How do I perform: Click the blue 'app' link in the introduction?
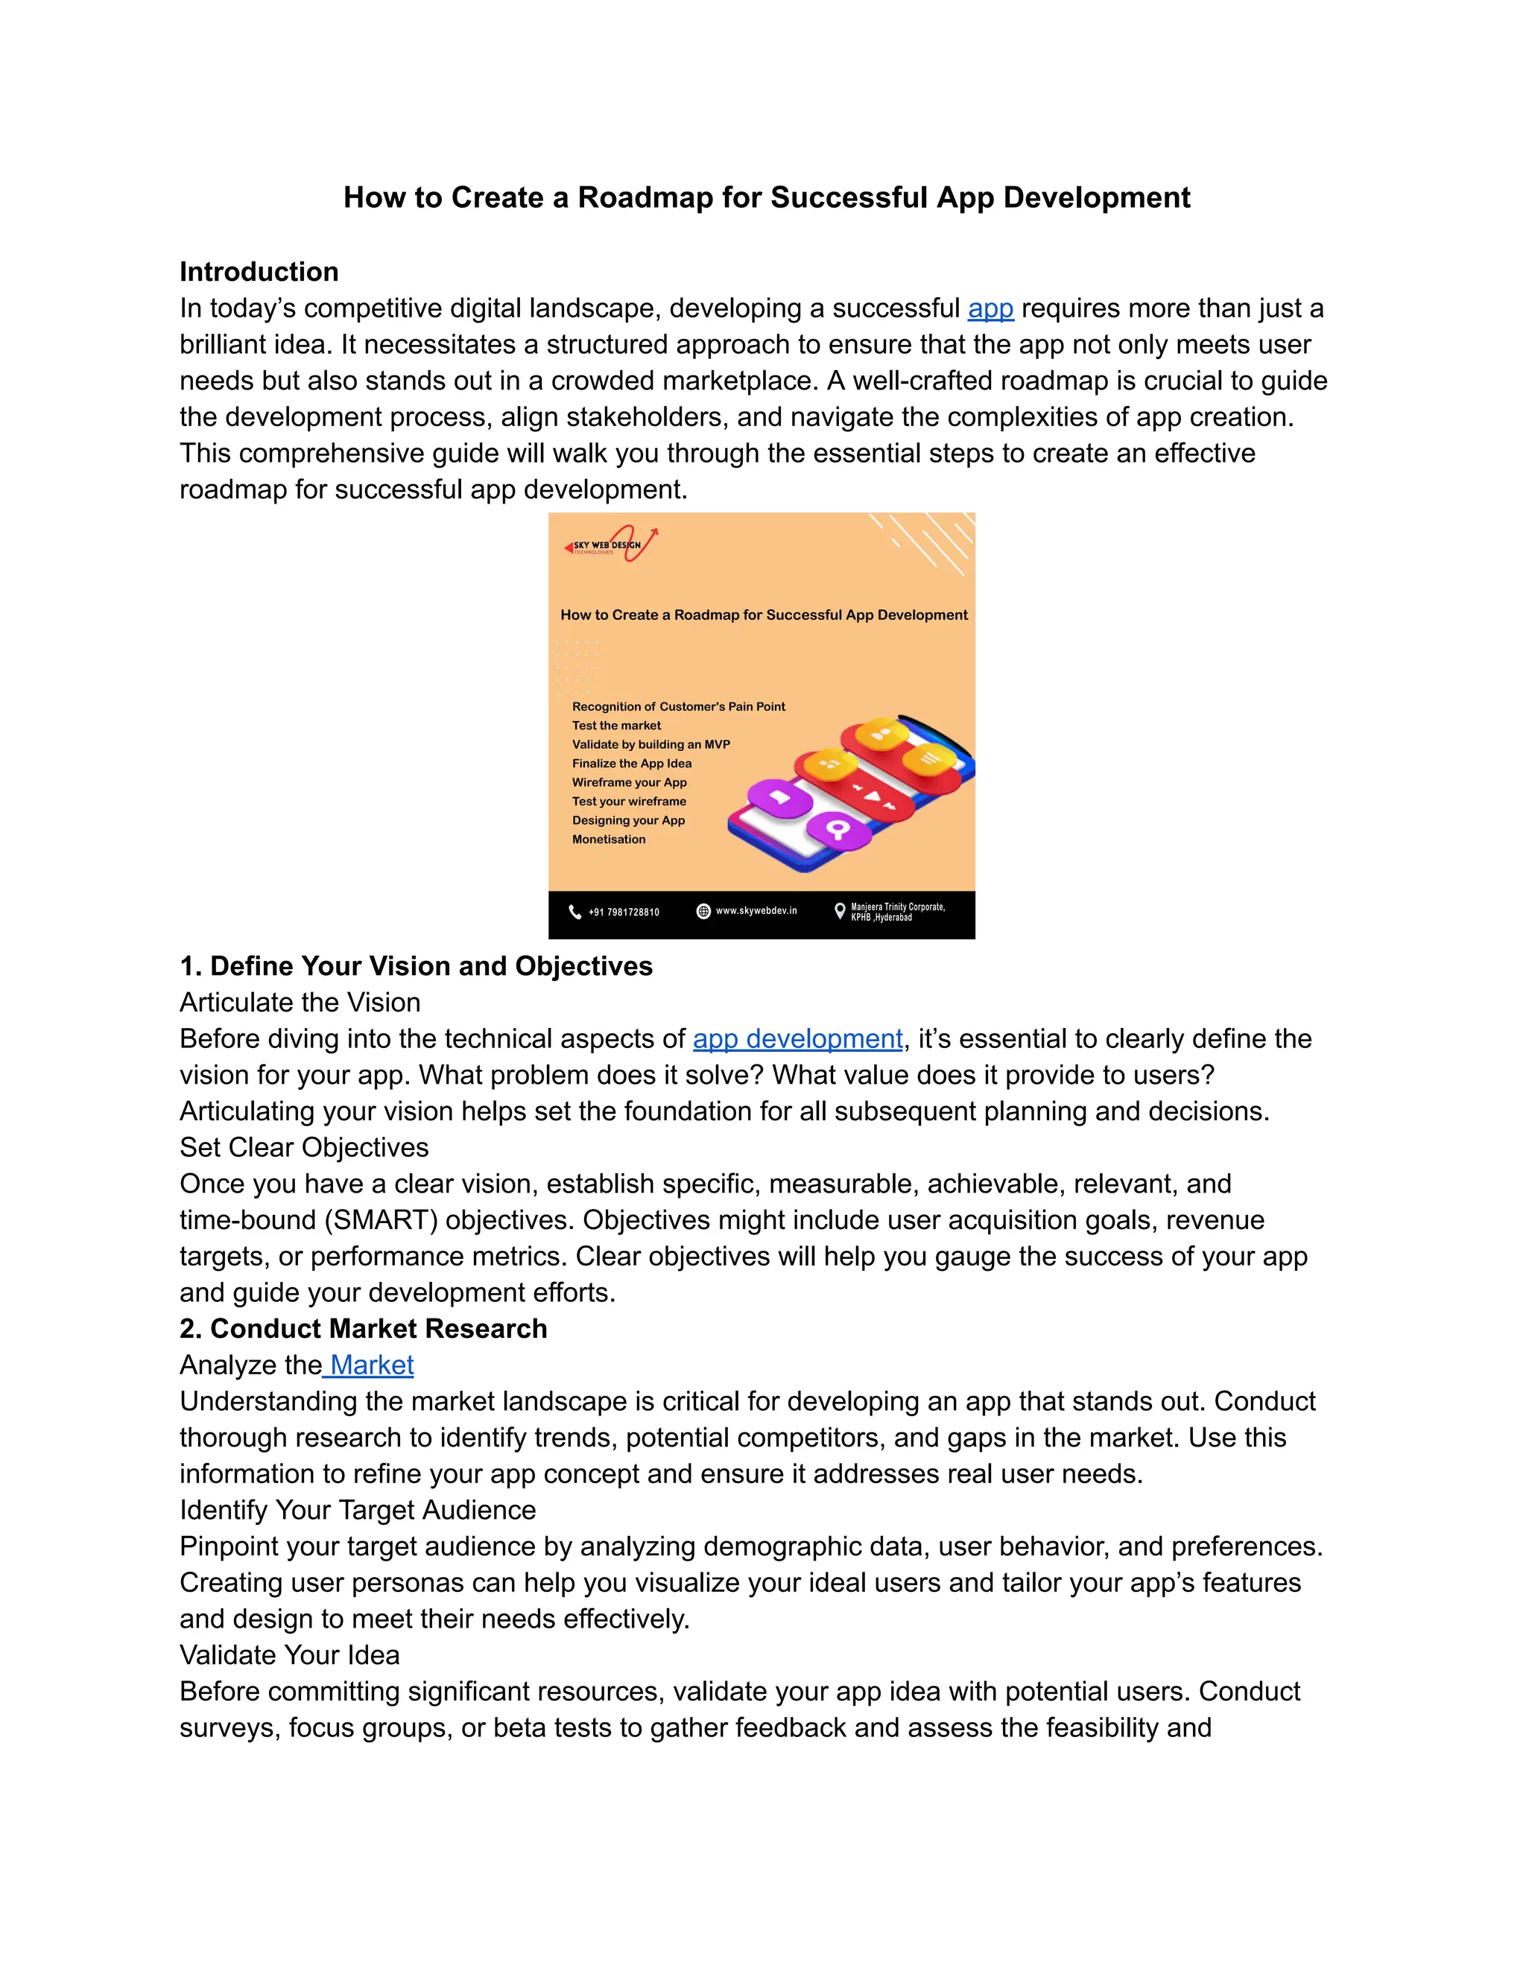[990, 309]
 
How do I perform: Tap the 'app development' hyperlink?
[797, 1039]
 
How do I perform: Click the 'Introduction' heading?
[259, 272]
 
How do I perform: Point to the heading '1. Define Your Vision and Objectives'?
[416, 966]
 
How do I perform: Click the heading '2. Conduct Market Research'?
[364, 1329]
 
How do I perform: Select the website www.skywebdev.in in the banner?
[756, 911]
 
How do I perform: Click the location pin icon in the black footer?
[840, 911]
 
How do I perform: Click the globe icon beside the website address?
[703, 911]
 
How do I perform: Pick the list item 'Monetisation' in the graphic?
[609, 840]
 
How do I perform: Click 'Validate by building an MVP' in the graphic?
[651, 745]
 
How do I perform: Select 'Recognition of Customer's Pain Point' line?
[678, 707]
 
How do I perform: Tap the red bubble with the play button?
[873, 796]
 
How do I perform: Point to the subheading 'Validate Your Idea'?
[289, 1655]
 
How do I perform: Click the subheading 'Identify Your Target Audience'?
[357, 1511]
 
